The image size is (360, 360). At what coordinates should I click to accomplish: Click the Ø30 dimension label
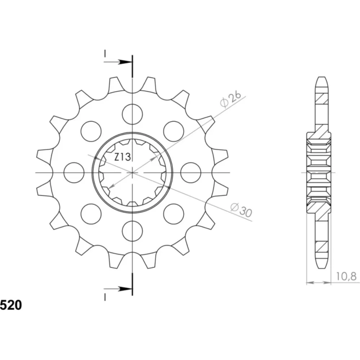tap(241, 210)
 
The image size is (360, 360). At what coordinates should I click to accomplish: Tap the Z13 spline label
tap(123, 157)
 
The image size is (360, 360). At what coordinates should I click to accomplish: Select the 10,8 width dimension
tap(346, 276)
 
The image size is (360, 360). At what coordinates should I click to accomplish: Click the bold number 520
tap(11, 305)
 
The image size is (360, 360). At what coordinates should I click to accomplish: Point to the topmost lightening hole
tap(132, 114)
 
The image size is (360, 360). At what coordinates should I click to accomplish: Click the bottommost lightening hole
tap(132, 231)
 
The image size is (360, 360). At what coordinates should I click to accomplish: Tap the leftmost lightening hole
tap(74, 173)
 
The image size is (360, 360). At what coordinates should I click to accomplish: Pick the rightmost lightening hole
tap(191, 173)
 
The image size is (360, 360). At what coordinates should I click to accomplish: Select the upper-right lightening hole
tap(174, 131)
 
